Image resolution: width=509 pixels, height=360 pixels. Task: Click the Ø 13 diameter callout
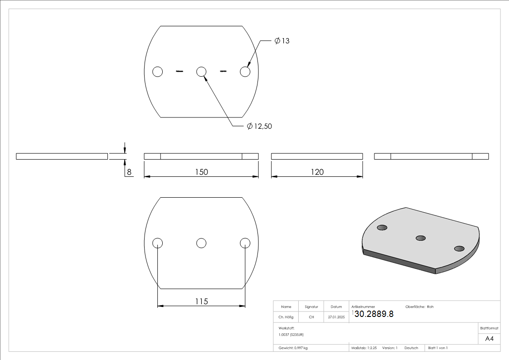[282, 41]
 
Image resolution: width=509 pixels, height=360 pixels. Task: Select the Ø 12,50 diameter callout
[260, 126]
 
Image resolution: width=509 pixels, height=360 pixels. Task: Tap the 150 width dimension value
[202, 172]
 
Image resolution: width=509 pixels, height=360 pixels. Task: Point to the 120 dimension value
[317, 172]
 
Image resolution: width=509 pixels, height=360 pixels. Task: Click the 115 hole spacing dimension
[202, 301]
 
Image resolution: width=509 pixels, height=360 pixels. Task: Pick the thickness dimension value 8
[129, 172]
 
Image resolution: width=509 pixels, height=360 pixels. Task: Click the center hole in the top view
[201, 72]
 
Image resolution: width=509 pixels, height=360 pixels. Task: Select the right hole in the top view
[245, 72]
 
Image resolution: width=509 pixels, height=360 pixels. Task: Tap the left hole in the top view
[157, 72]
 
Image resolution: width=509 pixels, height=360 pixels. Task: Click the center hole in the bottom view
[201, 243]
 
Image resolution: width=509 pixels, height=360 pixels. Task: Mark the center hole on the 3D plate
[421, 238]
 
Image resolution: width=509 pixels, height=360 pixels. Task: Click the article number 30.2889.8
[373, 314]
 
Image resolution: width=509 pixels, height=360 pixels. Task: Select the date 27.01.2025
[336, 317]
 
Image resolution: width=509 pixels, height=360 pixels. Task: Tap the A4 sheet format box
[490, 339]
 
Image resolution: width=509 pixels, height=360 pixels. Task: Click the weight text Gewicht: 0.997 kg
[293, 348]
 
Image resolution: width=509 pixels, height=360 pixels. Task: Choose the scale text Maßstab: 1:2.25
[364, 348]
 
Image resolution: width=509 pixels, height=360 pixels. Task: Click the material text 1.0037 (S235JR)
[291, 334]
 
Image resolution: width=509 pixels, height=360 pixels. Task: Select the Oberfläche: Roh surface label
[419, 307]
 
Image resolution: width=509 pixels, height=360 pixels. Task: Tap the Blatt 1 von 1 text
[438, 348]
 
